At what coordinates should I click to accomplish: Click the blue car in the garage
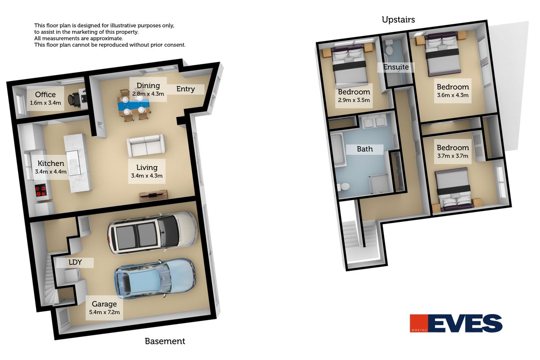155,279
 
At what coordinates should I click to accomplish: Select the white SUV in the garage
153,233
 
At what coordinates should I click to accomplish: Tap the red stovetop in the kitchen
41,190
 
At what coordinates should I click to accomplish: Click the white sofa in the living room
146,145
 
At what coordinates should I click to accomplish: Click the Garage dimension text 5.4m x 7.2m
104,312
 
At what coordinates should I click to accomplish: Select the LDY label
75,262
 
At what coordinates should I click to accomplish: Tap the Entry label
185,89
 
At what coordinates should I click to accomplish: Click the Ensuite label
396,67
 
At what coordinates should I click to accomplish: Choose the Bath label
365,149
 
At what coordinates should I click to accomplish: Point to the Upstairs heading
398,20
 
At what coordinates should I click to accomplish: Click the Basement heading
165,341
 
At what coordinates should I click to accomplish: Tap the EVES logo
456,323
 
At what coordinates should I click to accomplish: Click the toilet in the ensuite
389,48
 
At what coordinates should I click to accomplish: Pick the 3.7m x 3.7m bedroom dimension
453,156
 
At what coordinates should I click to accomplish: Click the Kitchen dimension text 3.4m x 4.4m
50,172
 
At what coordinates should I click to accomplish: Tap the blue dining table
134,105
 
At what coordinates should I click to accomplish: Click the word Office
45,94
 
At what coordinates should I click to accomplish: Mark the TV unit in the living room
153,196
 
